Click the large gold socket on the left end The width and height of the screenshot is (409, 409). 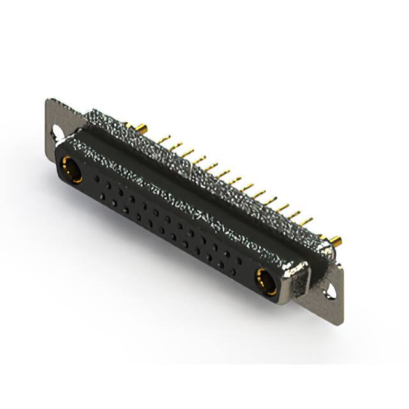[70, 169]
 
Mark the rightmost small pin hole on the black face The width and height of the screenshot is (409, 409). [240, 261]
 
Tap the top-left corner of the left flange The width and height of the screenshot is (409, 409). [48, 100]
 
